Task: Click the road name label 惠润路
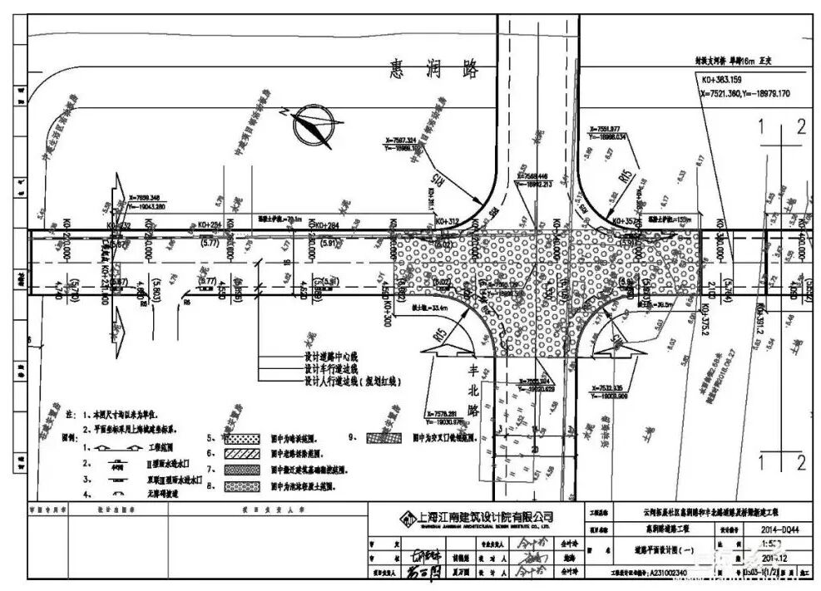coord(434,70)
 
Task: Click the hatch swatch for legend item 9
coord(386,436)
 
